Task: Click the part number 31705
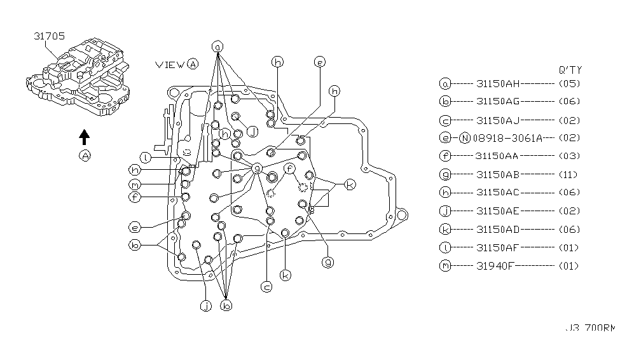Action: click(x=48, y=37)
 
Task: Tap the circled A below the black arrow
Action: click(x=85, y=156)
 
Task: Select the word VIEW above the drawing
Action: click(x=170, y=64)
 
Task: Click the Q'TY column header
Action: click(x=570, y=70)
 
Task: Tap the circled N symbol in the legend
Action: click(x=464, y=137)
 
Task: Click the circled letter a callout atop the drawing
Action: click(x=217, y=47)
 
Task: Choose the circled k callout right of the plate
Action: click(x=349, y=184)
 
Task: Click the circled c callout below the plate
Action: click(x=267, y=287)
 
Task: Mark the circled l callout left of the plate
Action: click(x=146, y=157)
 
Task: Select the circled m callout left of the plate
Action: click(x=134, y=184)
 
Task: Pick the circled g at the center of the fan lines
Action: click(x=257, y=168)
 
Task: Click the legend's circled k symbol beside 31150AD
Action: click(x=444, y=229)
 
